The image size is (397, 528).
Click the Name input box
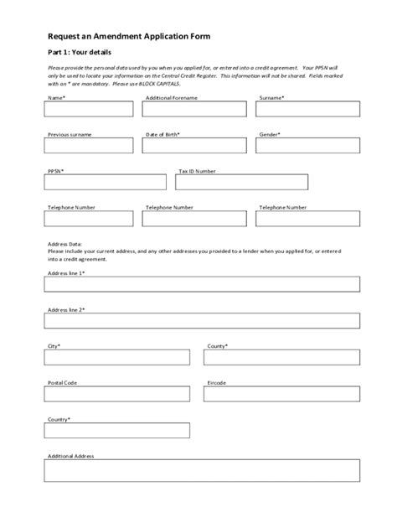tap(89, 109)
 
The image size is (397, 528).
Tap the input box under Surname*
tap(308, 109)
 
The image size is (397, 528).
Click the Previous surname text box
tap(89, 146)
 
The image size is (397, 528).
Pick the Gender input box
tap(308, 146)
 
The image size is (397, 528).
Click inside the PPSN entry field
tap(106, 182)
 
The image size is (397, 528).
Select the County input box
tap(282, 358)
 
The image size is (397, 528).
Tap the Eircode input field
tap(282, 394)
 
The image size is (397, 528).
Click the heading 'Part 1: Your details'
tap(80, 53)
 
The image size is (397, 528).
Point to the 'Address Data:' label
tap(64, 242)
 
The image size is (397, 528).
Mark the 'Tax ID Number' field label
tap(197, 171)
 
